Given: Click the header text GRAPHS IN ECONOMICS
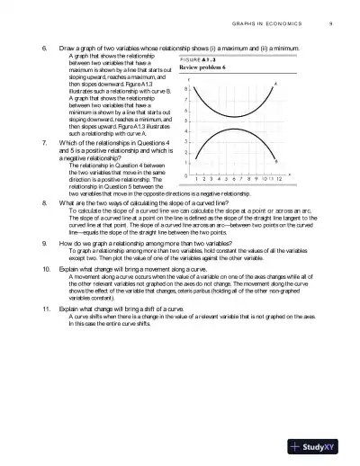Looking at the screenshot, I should pos(272,22).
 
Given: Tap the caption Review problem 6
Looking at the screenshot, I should pos(202,67).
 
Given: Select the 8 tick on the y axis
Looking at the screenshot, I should pos(185,89).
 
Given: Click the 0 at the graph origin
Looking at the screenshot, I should pos(185,175).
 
